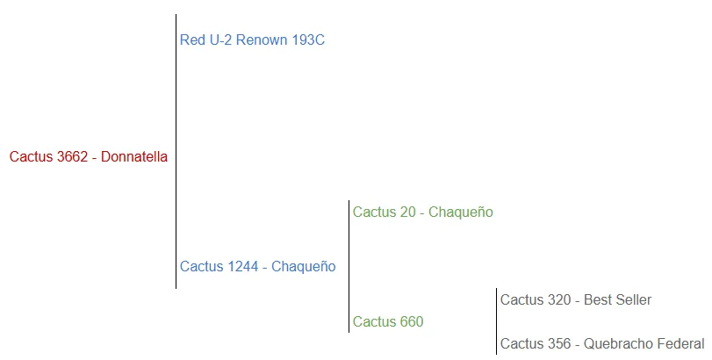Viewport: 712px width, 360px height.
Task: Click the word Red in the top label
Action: (192, 40)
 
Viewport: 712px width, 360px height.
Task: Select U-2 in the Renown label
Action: (223, 40)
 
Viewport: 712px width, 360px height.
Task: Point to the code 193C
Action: (311, 40)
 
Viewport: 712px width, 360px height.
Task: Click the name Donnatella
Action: (134, 157)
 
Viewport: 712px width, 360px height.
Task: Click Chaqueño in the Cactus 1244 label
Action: (304, 266)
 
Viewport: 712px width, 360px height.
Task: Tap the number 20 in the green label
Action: (405, 212)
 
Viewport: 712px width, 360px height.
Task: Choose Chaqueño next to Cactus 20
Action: (461, 212)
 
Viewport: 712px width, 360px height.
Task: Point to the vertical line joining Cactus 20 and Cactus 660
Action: (349, 263)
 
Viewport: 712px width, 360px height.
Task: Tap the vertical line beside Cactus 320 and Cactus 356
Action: (496, 321)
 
